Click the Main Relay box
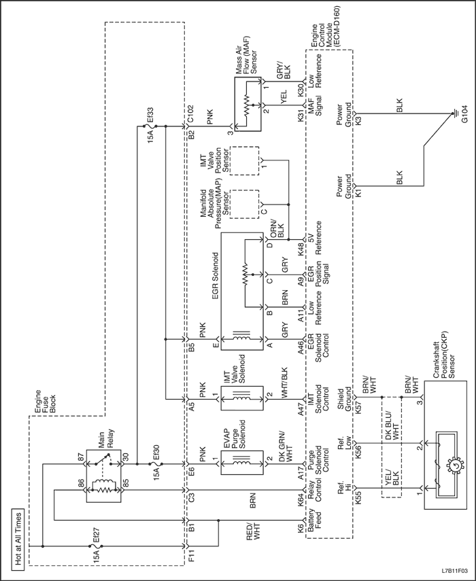point(102,473)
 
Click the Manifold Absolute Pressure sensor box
point(244,201)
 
